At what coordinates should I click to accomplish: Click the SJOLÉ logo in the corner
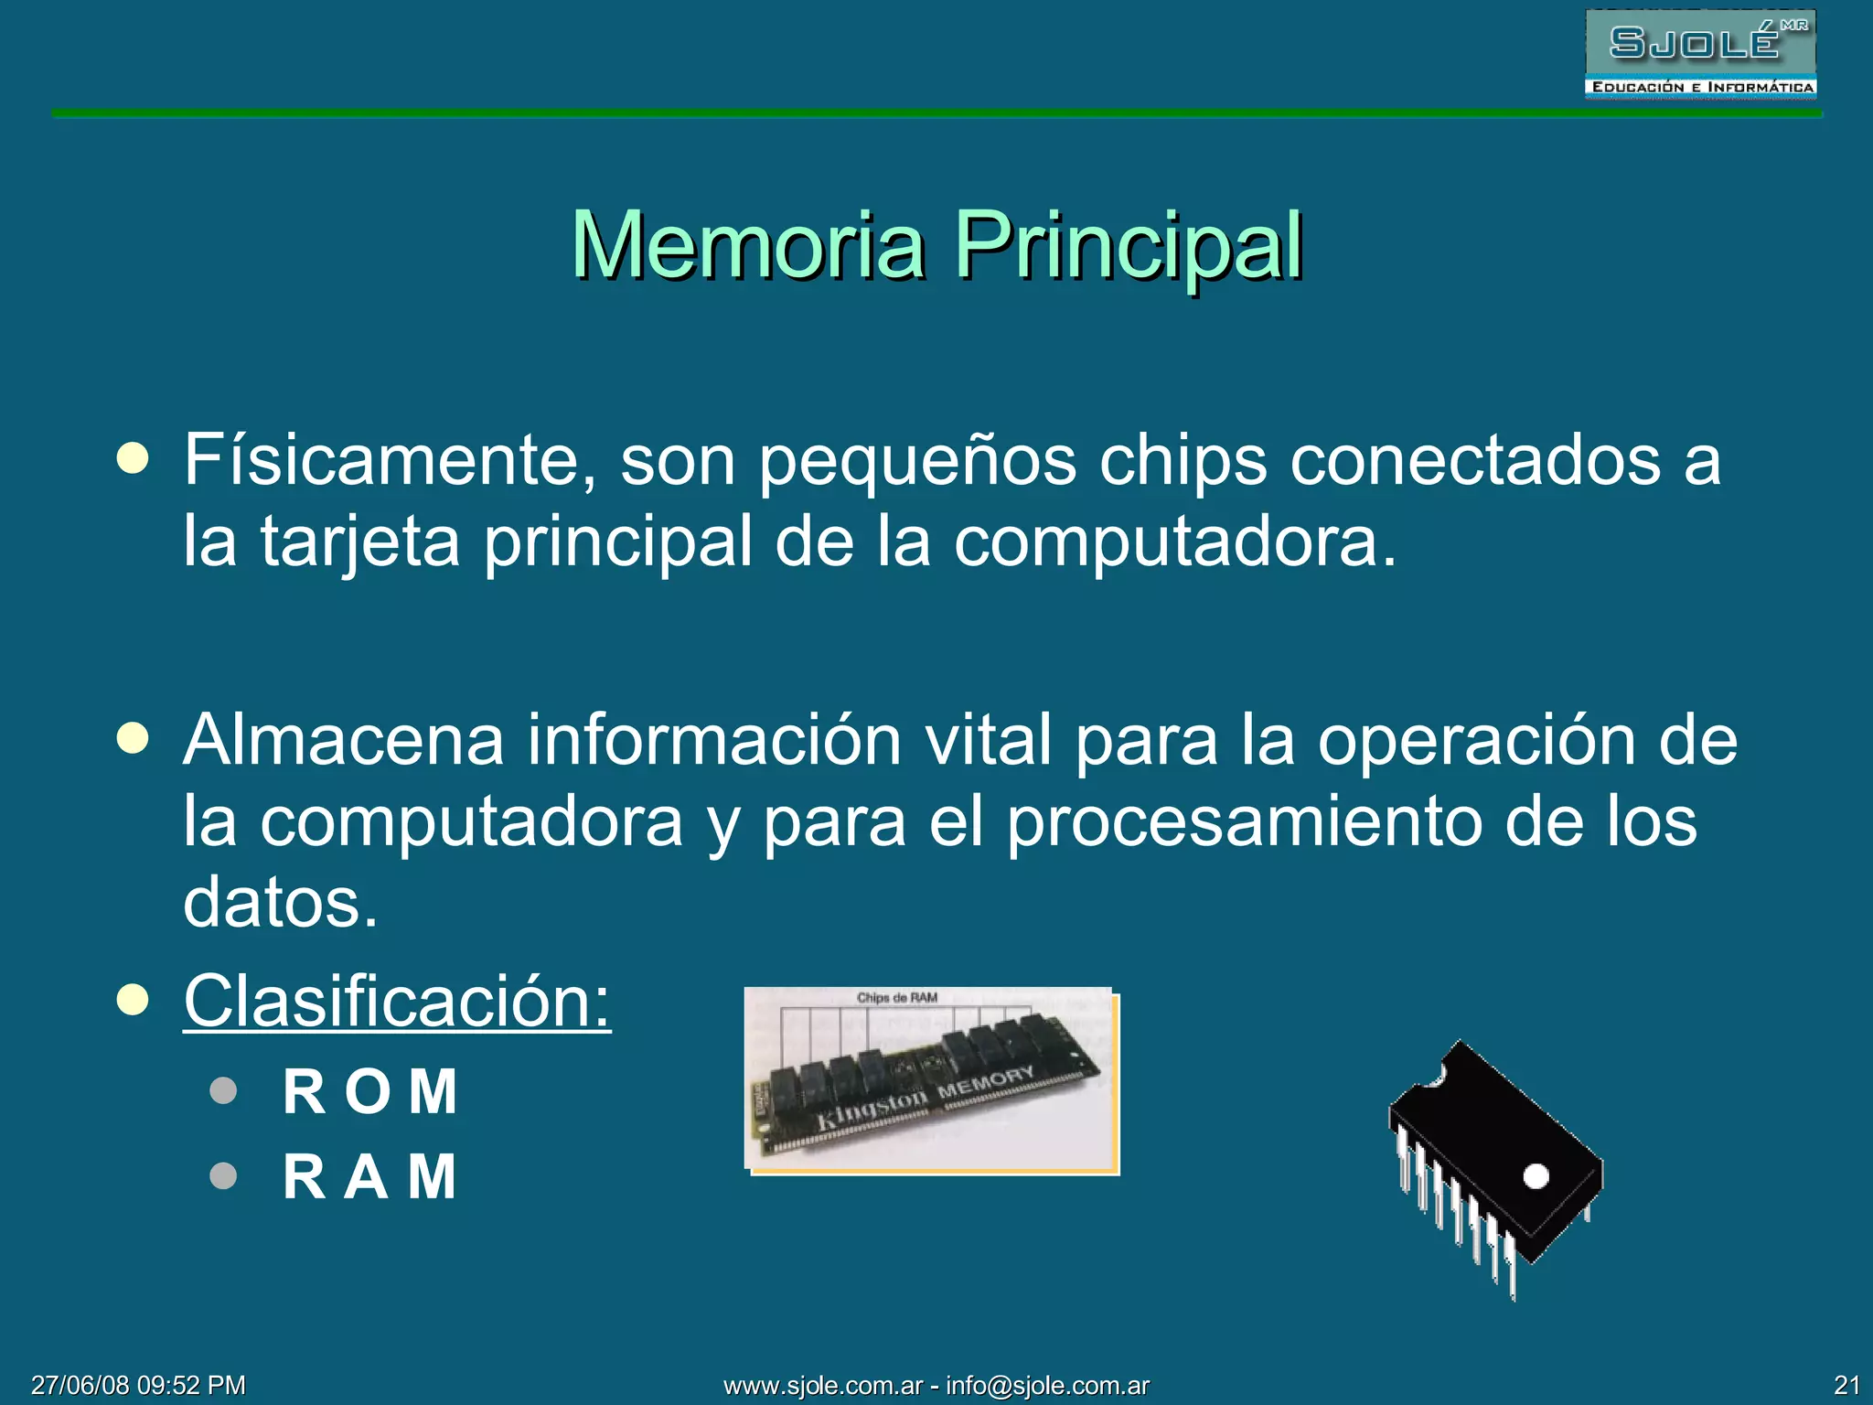click(1700, 54)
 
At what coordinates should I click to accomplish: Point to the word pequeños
click(917, 460)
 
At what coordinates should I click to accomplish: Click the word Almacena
click(344, 740)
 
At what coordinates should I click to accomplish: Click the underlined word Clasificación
click(397, 1002)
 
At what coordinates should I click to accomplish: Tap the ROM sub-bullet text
click(370, 1091)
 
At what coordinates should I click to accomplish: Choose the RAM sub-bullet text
click(370, 1176)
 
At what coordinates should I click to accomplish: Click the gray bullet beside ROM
click(223, 1090)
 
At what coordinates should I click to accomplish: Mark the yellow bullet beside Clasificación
click(133, 1001)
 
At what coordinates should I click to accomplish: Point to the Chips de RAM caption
click(897, 998)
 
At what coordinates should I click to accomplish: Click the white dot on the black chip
click(1536, 1176)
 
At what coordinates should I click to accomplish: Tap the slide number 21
click(1846, 1385)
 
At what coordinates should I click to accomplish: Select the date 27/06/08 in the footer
click(79, 1385)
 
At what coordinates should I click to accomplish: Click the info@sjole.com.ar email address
click(1047, 1386)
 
